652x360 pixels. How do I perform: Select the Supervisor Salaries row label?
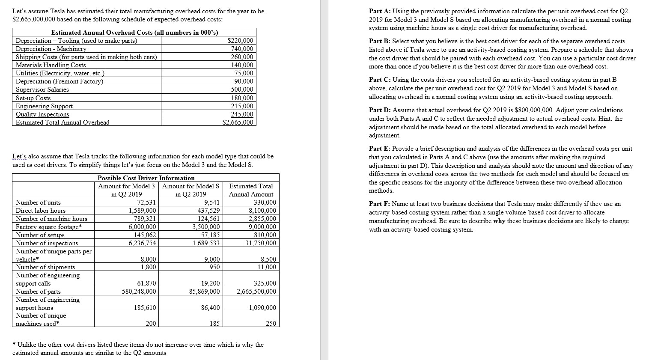(x=42, y=89)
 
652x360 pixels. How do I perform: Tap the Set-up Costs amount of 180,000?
(x=242, y=98)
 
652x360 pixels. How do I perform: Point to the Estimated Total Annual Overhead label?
(x=63, y=122)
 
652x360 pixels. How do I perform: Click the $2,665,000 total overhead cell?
(x=238, y=122)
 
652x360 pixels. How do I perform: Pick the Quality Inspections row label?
(x=42, y=114)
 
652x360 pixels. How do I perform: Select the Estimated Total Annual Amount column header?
(x=251, y=190)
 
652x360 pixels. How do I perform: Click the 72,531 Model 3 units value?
(x=146, y=202)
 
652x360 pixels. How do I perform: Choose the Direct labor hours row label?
(x=41, y=211)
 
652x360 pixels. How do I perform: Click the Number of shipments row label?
(x=45, y=267)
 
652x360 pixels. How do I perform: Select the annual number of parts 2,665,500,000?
(x=256, y=292)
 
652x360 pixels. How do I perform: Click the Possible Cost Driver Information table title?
(x=146, y=178)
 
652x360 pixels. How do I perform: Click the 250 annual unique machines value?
(x=271, y=324)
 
